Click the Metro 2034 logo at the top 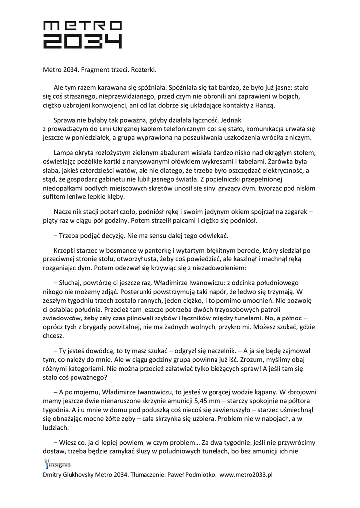pos(82,34)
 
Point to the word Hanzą pos(263,105)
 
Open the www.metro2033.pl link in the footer pos(246,474)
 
